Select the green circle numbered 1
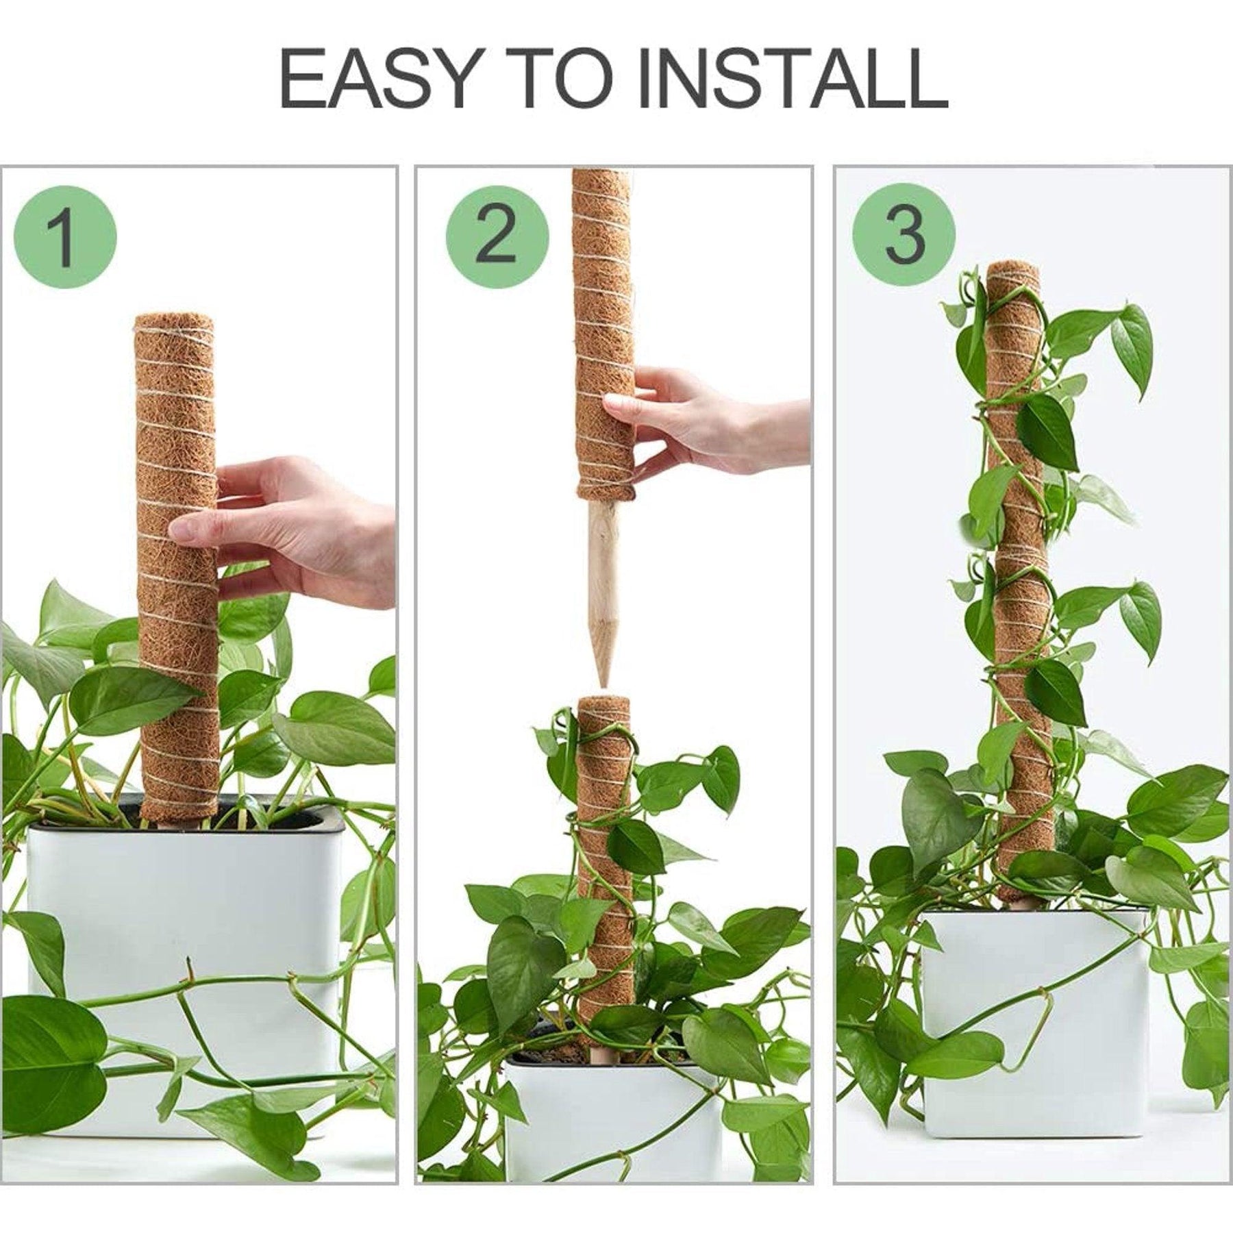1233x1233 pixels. tap(64, 237)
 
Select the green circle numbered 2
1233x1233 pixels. tap(497, 237)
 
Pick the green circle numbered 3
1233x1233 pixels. tap(904, 237)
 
